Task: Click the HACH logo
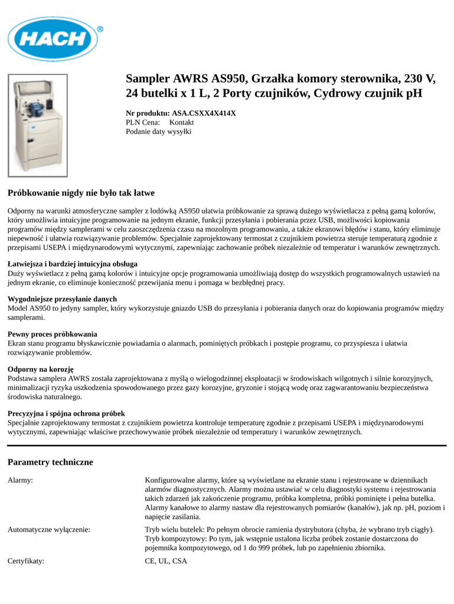[x=53, y=38]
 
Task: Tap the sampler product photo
[x=38, y=125]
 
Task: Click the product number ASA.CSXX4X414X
[x=204, y=113]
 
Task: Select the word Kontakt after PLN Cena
[x=182, y=122]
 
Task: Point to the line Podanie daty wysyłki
[x=159, y=132]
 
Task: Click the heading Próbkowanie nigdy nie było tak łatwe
[x=81, y=193]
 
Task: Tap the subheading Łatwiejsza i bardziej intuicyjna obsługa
[x=73, y=264]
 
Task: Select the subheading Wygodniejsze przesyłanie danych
[x=62, y=299]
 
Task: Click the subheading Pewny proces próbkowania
[x=53, y=334]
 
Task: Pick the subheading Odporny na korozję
[x=41, y=369]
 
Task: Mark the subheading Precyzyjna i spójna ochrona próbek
[x=66, y=413]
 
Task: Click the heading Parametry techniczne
[x=50, y=462]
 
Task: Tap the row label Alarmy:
[x=20, y=481]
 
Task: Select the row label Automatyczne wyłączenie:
[x=49, y=530]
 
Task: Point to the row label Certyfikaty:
[x=26, y=562]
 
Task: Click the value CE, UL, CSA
[x=166, y=562]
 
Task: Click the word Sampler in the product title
[x=148, y=78]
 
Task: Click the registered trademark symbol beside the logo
[x=100, y=28]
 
